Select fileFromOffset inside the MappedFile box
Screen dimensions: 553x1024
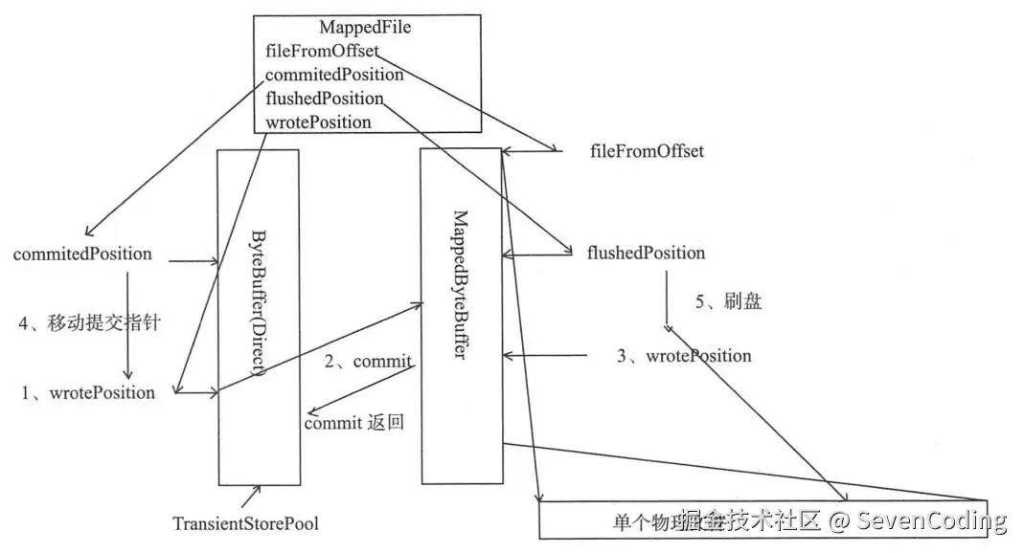[x=322, y=51]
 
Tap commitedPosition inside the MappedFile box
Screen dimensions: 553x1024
[x=333, y=74]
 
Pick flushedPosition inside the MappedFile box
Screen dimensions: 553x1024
[x=324, y=99]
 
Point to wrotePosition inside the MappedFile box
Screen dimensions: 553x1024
[x=318, y=122]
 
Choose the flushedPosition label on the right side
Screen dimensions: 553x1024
[x=646, y=253]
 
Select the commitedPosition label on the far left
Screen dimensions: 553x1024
[x=82, y=254]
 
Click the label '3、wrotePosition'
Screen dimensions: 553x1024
[x=684, y=356]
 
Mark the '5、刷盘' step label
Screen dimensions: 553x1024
[x=728, y=302]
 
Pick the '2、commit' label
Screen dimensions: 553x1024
[x=368, y=362]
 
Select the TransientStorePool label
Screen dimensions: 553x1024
[x=245, y=523]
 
